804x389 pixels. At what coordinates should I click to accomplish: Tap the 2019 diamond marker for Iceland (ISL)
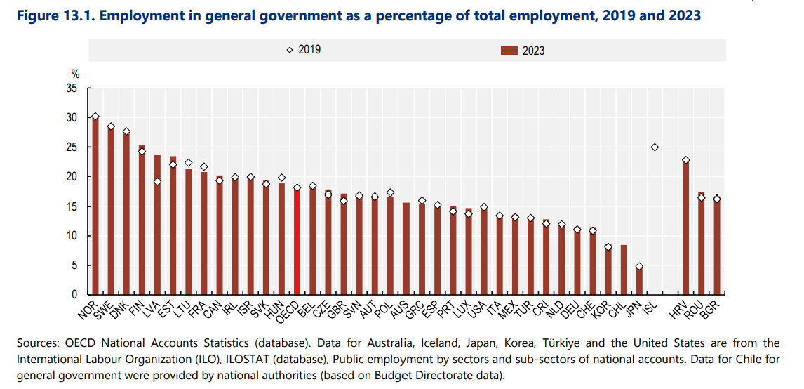(655, 147)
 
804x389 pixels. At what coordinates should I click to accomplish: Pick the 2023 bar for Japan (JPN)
(639, 280)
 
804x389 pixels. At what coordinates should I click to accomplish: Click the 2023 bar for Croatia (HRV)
(685, 228)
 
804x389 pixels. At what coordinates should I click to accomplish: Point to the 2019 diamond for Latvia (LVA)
(157, 182)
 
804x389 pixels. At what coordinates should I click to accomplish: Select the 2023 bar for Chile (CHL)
(624, 270)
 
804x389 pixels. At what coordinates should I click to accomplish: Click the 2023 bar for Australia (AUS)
(406, 249)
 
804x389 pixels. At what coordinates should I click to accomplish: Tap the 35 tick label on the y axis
(72, 88)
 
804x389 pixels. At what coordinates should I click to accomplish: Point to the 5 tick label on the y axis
(74, 265)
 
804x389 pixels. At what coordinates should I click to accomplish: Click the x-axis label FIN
(138, 307)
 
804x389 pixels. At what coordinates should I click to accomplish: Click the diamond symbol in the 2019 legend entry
(289, 50)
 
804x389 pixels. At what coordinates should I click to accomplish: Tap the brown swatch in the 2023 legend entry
(509, 51)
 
